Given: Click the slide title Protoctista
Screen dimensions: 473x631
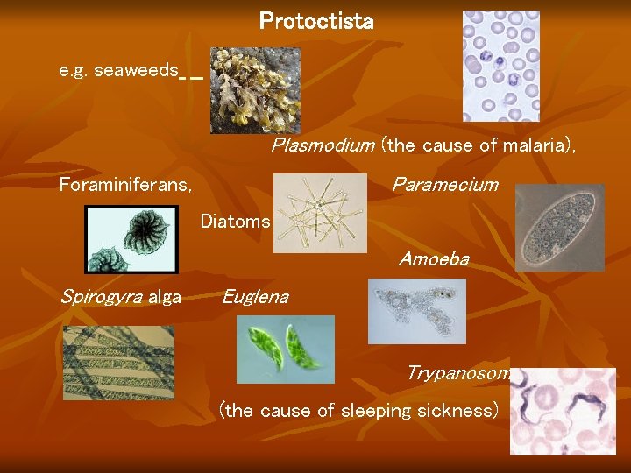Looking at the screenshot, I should pos(316,21).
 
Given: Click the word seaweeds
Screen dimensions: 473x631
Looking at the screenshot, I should pos(135,70).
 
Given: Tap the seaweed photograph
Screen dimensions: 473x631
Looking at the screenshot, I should pos(255,90).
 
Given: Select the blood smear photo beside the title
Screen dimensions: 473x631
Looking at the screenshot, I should pos(500,66).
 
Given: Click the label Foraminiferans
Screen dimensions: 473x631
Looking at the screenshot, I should pos(125,185).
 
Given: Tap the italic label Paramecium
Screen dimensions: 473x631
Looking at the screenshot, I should pos(444,185).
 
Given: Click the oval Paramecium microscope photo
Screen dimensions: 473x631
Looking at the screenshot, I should pos(559,228).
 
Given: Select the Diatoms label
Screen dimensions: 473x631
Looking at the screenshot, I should pos(235,222).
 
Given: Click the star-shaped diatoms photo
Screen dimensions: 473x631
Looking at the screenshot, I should pos(320,213).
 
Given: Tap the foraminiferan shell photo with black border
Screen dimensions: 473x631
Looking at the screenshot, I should pos(131,239).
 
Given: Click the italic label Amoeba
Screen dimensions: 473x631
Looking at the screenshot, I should pos(434,259).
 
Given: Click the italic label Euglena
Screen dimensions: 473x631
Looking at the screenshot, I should pos(255,297).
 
